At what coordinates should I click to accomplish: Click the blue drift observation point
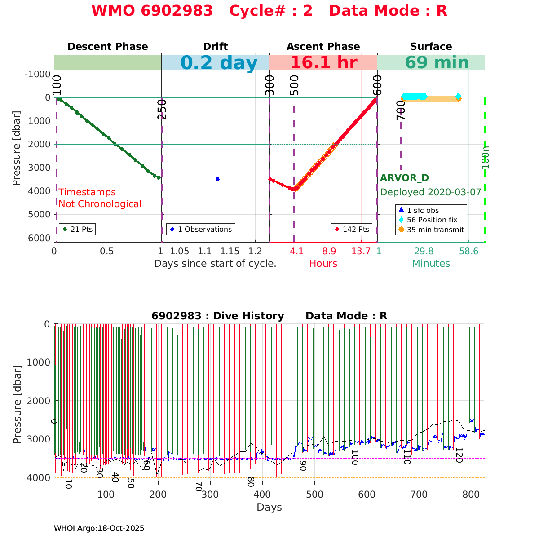(x=217, y=179)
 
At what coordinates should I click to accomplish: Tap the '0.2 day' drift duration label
(x=219, y=63)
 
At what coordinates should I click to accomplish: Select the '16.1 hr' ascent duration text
(x=323, y=63)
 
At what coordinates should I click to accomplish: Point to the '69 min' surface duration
(x=431, y=63)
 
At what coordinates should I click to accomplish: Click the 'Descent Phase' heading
(x=107, y=47)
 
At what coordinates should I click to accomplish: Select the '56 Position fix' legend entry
(x=432, y=220)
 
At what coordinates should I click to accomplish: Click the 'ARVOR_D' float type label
(x=404, y=178)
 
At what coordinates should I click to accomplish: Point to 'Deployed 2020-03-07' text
(x=431, y=192)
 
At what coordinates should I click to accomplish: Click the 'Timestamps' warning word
(x=87, y=192)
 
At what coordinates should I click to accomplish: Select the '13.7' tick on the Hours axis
(x=361, y=252)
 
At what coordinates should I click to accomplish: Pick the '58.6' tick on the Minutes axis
(x=468, y=252)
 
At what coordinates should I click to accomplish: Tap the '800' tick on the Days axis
(x=471, y=495)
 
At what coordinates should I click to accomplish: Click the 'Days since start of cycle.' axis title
(x=215, y=264)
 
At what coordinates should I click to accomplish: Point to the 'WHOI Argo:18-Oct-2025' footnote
(x=99, y=529)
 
